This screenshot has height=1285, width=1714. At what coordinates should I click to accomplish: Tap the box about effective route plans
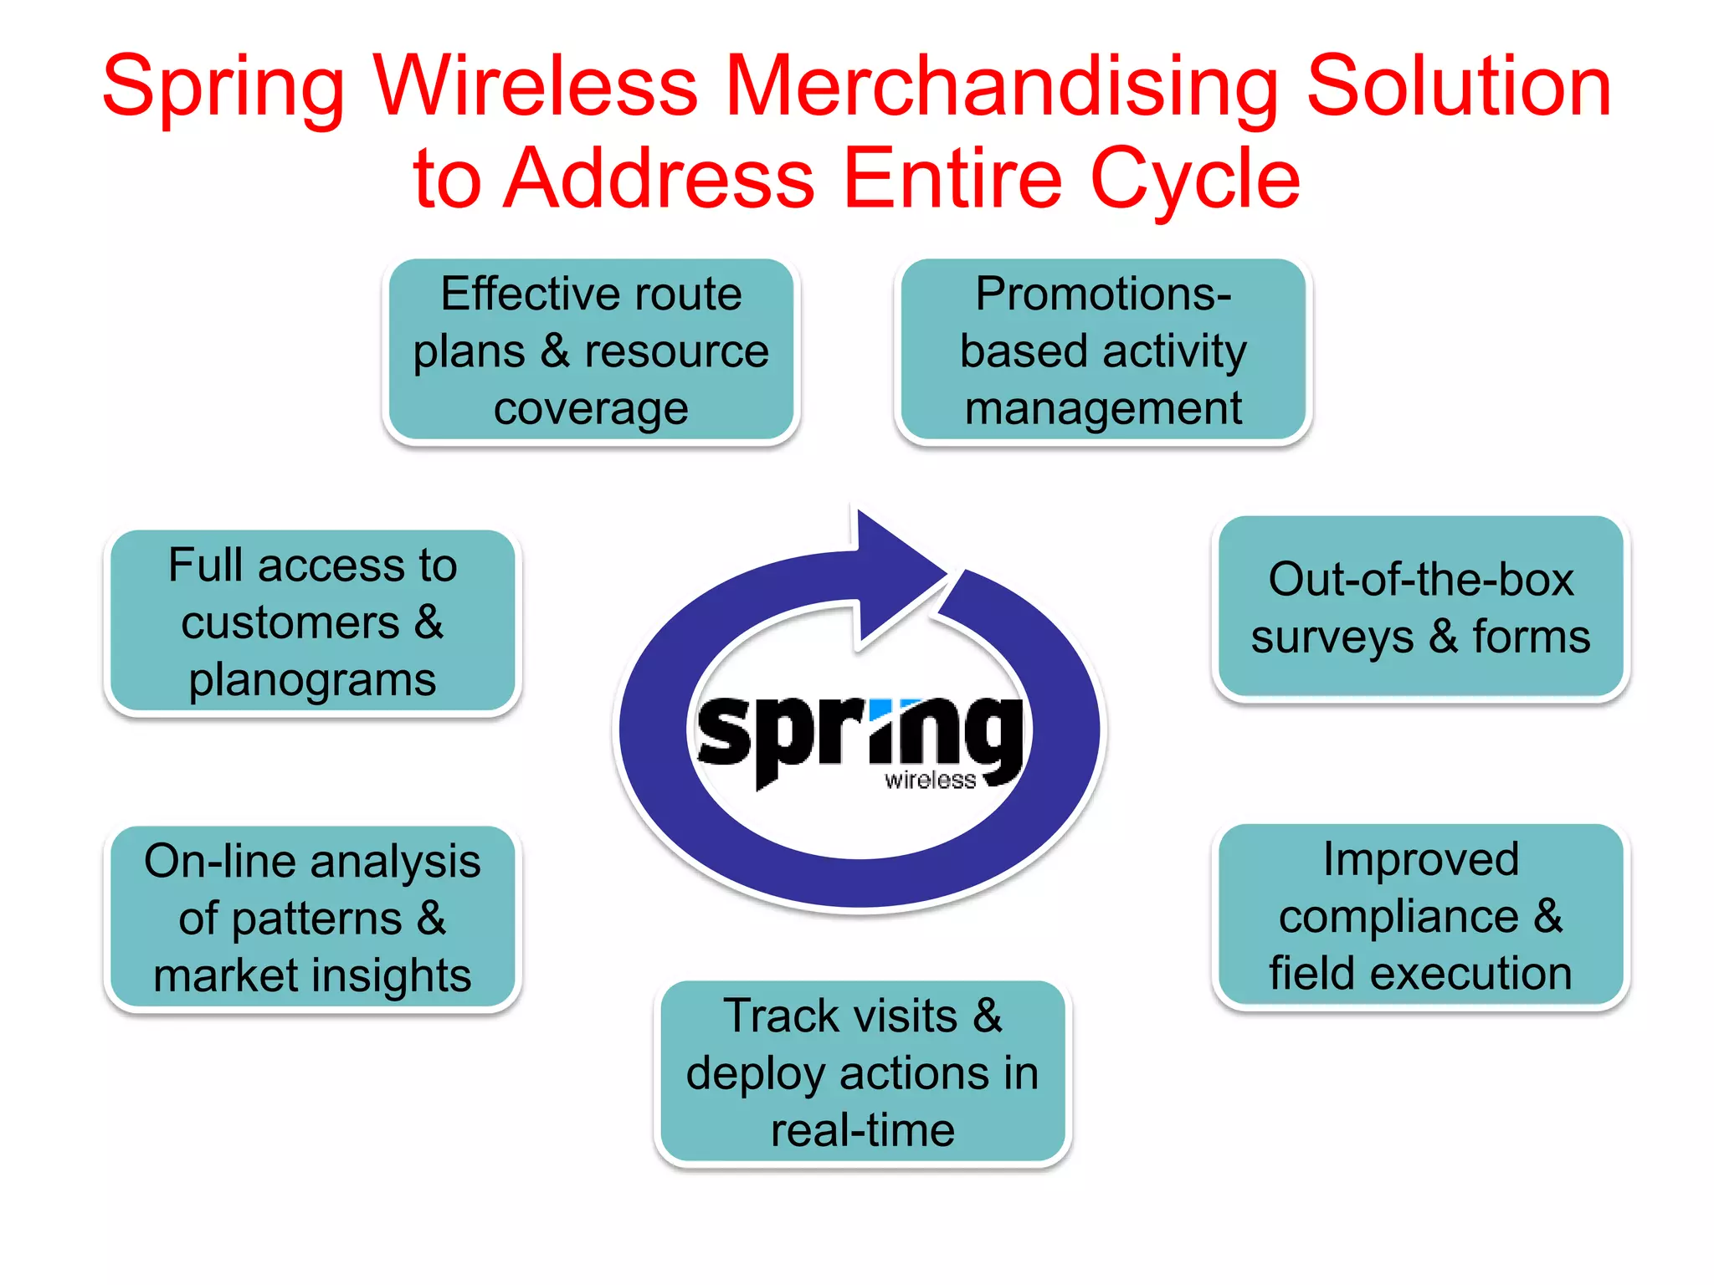591,351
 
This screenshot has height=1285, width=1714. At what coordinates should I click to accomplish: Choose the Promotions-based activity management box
1102,351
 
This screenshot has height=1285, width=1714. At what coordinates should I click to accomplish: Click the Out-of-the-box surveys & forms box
1420,608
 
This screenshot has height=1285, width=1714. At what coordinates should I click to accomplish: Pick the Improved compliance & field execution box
1420,916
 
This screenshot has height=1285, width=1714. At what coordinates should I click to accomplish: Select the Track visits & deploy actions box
862,1073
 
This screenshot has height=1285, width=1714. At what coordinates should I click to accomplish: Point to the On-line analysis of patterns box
312,919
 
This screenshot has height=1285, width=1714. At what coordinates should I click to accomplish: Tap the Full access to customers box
312,622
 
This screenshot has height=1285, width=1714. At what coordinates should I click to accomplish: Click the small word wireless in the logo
930,781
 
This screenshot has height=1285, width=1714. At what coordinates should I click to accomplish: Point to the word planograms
312,679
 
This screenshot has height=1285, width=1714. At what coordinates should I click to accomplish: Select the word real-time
862,1130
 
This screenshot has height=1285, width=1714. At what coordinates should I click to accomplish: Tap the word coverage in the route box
591,409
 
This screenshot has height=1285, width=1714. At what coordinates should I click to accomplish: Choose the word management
1102,409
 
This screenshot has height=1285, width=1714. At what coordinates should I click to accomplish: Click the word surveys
1332,638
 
